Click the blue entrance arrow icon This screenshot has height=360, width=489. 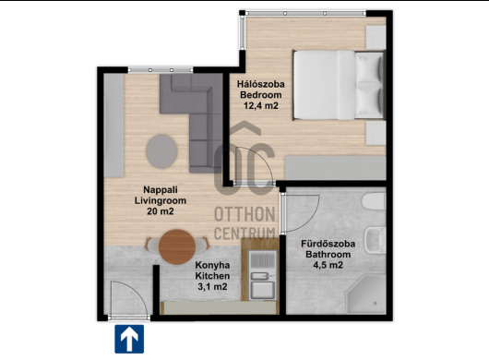point(129,339)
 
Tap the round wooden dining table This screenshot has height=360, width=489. point(177,246)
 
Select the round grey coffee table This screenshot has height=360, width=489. point(161,151)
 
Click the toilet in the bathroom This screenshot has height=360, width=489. point(374,201)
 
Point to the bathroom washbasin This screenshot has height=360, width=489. point(376,240)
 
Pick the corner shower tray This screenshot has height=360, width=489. point(366,294)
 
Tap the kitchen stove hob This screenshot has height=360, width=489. point(263,260)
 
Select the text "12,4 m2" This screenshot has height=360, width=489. point(261,106)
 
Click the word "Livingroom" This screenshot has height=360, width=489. point(161,200)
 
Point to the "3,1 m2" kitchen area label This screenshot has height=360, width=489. point(212,286)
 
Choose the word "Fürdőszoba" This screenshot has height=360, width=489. point(328,244)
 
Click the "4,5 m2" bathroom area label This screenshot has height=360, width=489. point(328,265)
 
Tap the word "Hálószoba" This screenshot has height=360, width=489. point(261,84)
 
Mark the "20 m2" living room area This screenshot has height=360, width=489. point(161,211)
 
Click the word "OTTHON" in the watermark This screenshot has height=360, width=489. point(244,214)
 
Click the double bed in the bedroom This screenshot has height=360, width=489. point(339,85)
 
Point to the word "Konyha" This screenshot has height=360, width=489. point(212,265)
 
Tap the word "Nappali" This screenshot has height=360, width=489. point(161,189)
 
